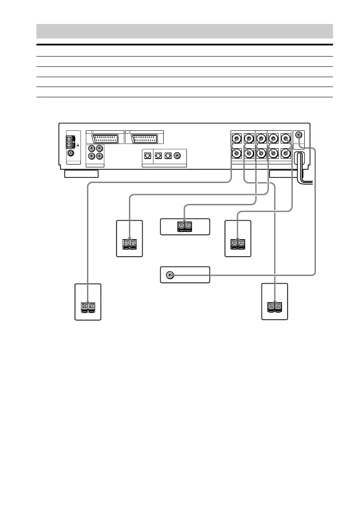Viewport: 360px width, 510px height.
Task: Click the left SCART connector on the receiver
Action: (x=104, y=138)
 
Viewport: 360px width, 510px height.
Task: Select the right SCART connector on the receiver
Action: (x=144, y=138)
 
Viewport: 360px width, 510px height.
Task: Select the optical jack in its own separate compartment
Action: (x=147, y=155)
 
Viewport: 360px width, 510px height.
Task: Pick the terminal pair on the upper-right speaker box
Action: (x=237, y=243)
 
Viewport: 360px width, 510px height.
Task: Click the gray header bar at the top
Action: (x=184, y=31)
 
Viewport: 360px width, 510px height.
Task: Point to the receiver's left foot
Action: (x=81, y=174)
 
